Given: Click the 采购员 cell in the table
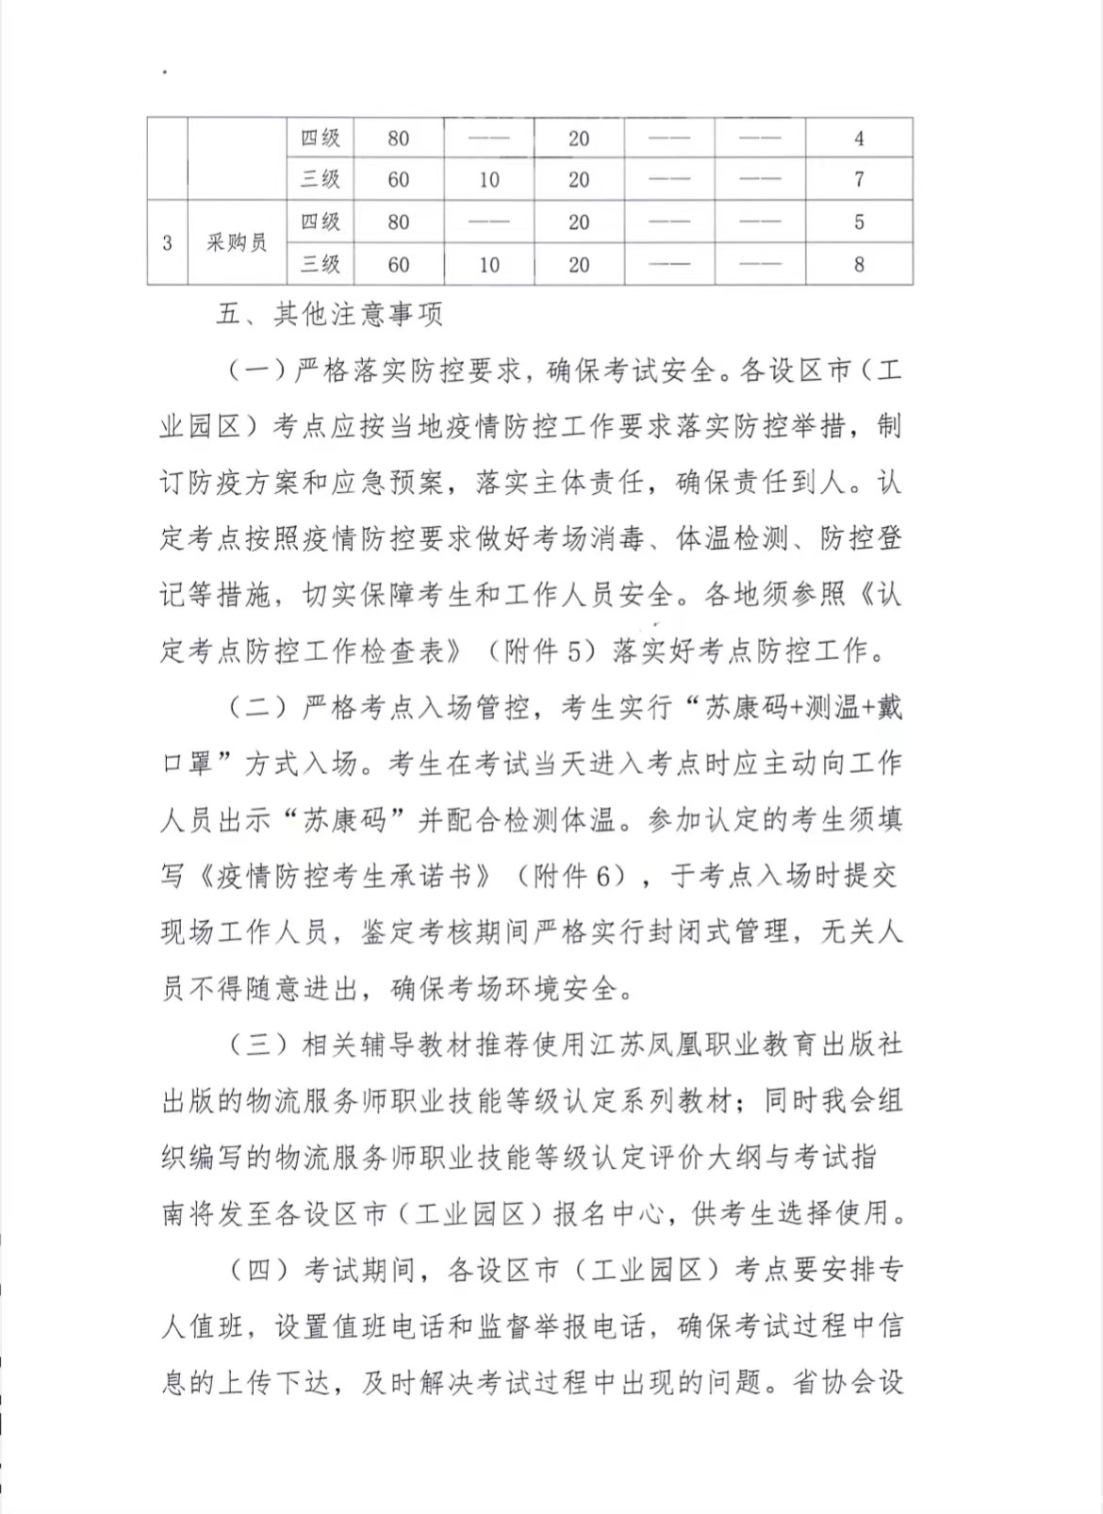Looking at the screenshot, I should coord(237,242).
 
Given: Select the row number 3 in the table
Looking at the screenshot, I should coord(167,242).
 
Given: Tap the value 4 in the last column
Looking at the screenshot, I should coord(859,138).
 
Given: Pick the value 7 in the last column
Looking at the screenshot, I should coord(859,179).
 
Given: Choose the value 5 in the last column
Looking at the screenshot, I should coord(859,222).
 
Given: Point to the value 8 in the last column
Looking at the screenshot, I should coord(859,264).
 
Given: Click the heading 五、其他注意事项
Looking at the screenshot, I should coord(329,314).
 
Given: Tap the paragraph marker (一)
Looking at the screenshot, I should coord(257,370).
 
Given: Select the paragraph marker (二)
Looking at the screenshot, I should coord(257,707).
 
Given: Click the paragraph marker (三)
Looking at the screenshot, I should coord(257,1044).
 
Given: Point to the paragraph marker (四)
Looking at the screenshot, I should coord(257,1269).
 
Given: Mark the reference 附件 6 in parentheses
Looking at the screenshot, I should coord(580,876).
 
